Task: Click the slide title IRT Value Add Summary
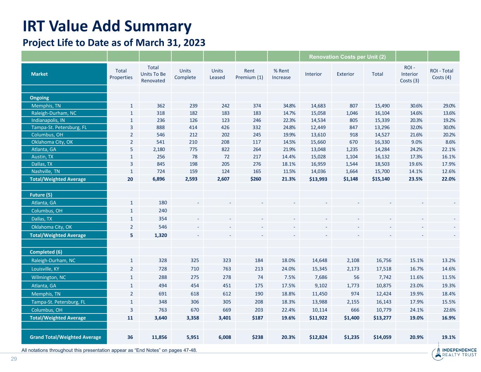pyautogui.click(x=107, y=26)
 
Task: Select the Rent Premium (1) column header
pyautogui.click(x=249, y=74)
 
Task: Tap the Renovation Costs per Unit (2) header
pyautogui.click(x=347, y=57)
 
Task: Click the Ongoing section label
pyautogui.click(x=39, y=98)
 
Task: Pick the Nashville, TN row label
pyautogui.click(x=45, y=171)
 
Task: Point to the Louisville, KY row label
pyautogui.click(x=45, y=269)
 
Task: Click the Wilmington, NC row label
pyautogui.click(x=49, y=277)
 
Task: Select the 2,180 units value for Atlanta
pyautogui.click(x=159, y=150)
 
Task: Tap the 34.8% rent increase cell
pyautogui.click(x=289, y=106)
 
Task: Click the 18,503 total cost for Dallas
pyautogui.click(x=382, y=164)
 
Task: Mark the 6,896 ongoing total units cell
pyautogui.click(x=159, y=179)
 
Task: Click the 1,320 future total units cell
pyautogui.click(x=161, y=235)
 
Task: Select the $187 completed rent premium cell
pyautogui.click(x=258, y=318)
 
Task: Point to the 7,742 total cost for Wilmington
pyautogui.click(x=384, y=277)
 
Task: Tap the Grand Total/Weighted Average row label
pyautogui.click(x=66, y=337)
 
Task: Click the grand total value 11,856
pyautogui.click(x=159, y=337)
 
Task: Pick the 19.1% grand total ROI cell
pyautogui.click(x=449, y=337)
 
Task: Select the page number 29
pyautogui.click(x=14, y=359)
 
